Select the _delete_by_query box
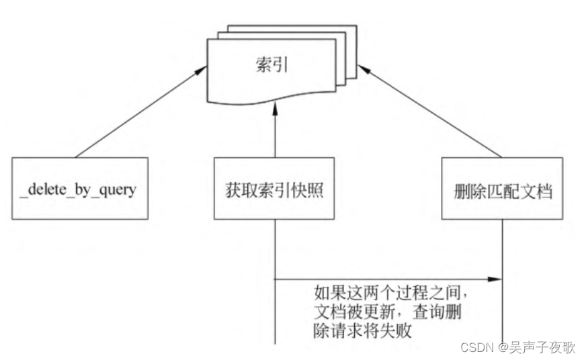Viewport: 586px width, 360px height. click(79, 189)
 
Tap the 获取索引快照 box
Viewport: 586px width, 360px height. click(274, 189)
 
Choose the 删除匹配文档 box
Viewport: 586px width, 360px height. click(503, 189)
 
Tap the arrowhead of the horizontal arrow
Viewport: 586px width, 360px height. click(498, 278)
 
